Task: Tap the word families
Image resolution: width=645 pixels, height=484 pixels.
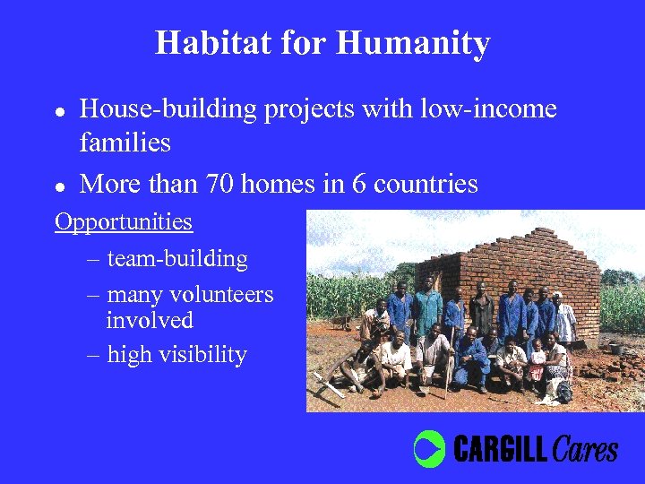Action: click(125, 142)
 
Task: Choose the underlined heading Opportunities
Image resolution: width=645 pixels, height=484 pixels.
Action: click(124, 221)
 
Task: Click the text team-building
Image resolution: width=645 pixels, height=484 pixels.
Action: click(177, 259)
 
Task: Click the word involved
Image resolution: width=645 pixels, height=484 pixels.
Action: click(150, 320)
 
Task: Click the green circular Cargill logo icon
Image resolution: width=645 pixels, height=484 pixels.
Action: click(429, 447)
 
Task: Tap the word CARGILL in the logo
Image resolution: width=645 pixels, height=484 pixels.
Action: click(500, 448)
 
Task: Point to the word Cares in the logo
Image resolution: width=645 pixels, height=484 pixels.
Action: click(585, 448)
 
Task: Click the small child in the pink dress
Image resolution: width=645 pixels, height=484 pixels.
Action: click(537, 364)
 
